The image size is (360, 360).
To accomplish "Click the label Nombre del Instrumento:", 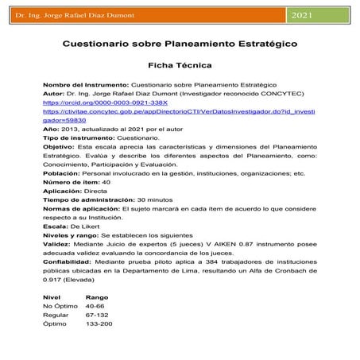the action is [85, 84].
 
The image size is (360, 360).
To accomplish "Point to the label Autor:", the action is [54, 94].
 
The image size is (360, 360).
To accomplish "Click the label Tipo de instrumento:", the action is [79, 138].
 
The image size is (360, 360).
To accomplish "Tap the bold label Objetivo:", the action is [59, 148].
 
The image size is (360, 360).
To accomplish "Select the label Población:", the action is [62, 175].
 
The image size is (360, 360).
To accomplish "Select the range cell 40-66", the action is [95, 307].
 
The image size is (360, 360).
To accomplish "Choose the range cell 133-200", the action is [99, 324].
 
